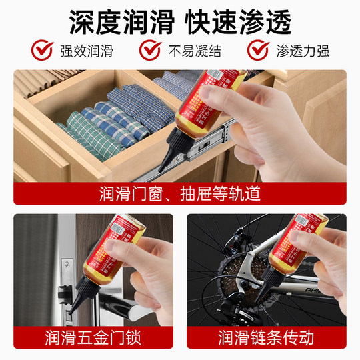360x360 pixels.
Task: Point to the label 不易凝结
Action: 193,51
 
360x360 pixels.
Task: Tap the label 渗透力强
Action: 303,51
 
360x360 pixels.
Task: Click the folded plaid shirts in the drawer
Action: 100,123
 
